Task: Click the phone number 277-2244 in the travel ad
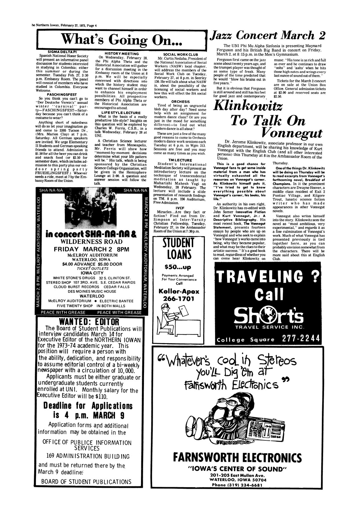[300, 339]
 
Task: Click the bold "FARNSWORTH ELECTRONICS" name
[237, 458]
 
